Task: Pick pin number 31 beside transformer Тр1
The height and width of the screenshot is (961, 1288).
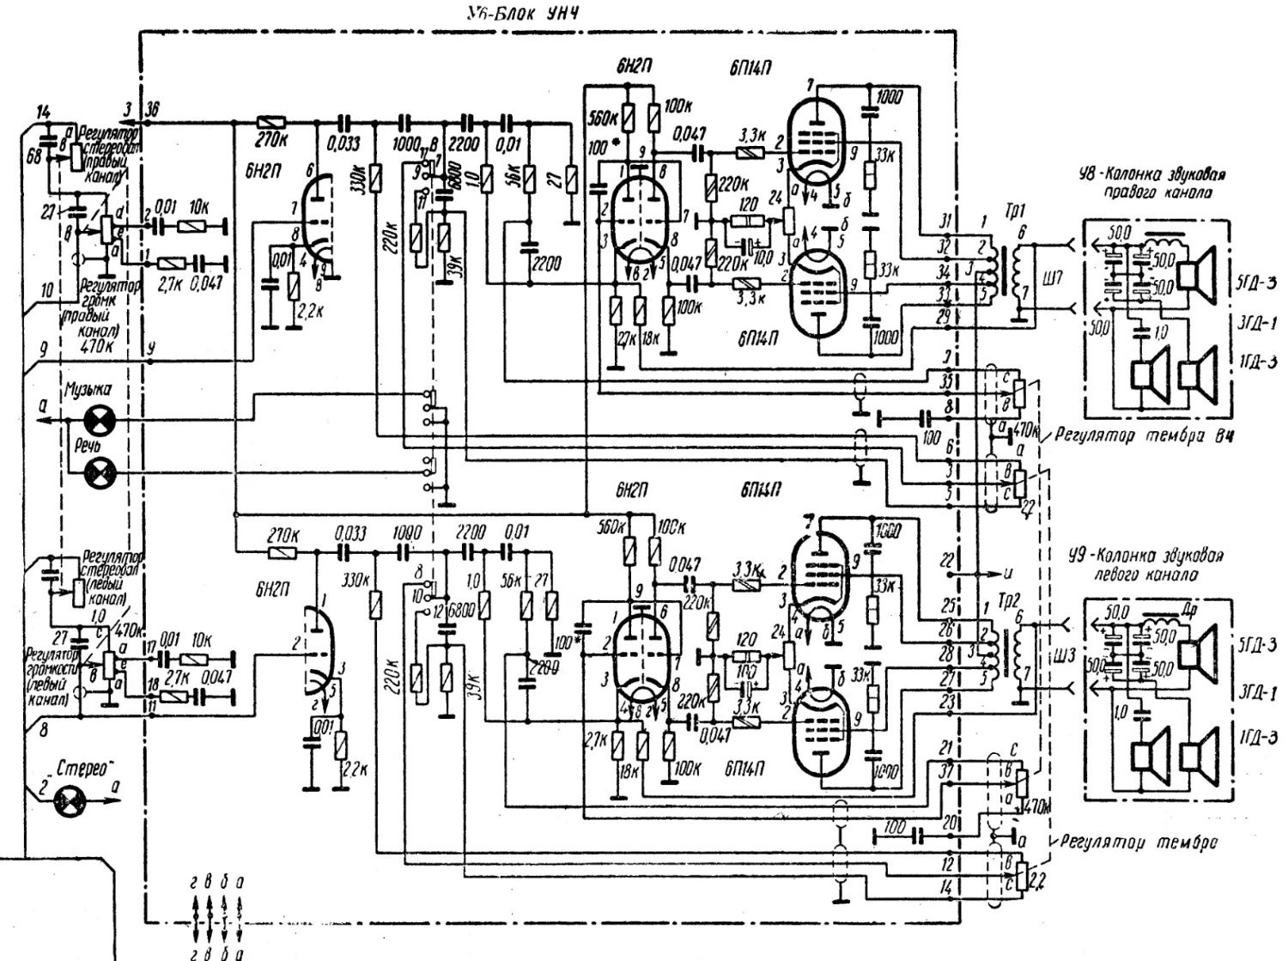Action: pos(945,219)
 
